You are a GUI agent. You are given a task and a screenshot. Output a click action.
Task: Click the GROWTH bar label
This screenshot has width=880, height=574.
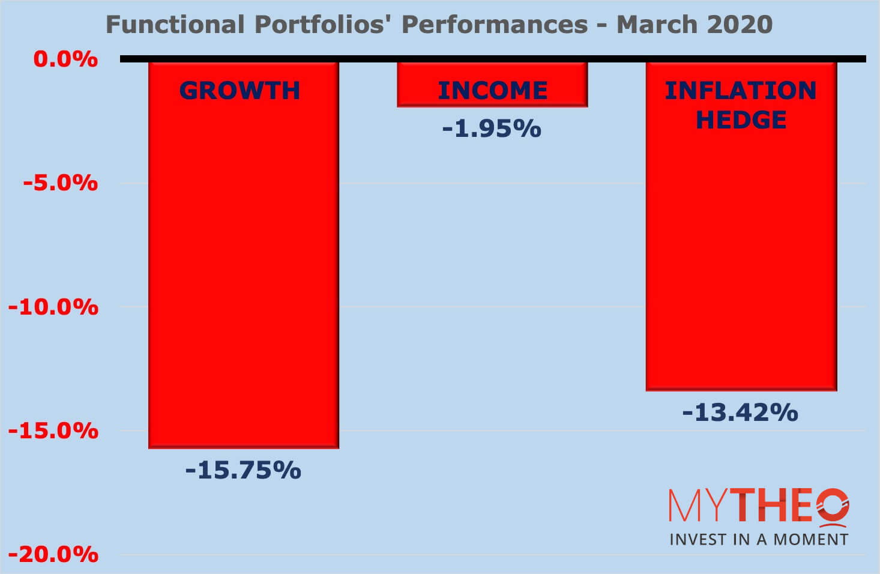click(x=240, y=91)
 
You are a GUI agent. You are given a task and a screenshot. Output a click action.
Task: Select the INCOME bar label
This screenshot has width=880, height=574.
click(x=492, y=91)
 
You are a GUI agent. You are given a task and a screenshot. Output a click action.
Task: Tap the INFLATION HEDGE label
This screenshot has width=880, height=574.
click(x=741, y=105)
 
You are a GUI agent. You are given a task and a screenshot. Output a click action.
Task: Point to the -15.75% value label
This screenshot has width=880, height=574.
click(x=243, y=470)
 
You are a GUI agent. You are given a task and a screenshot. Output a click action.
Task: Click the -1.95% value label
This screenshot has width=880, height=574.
click(x=492, y=128)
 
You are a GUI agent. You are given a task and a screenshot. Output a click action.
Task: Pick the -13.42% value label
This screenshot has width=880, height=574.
click(x=740, y=412)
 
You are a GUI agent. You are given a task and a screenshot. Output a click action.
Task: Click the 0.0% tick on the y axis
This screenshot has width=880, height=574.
click(x=65, y=59)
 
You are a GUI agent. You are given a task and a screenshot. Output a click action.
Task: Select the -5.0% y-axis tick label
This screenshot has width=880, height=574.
click(x=61, y=183)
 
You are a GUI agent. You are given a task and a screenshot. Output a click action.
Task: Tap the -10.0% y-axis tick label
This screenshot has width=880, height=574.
click(x=53, y=307)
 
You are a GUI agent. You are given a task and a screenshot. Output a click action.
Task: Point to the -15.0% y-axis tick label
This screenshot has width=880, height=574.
click(x=53, y=431)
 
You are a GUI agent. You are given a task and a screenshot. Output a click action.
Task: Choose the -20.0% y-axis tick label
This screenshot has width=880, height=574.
click(x=53, y=554)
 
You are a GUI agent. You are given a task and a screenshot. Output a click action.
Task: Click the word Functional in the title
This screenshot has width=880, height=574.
click(x=175, y=25)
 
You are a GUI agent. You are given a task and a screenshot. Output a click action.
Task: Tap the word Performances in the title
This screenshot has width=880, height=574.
click(x=495, y=25)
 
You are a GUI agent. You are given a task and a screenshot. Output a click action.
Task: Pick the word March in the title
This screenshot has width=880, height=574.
click(x=657, y=25)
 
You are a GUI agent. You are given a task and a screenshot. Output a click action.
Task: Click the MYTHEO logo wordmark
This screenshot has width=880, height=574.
click(x=759, y=506)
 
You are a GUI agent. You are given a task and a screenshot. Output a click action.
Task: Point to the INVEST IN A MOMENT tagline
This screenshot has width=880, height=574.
click(x=759, y=539)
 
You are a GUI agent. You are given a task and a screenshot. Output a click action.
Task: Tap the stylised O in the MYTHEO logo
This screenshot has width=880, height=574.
click(x=832, y=506)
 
